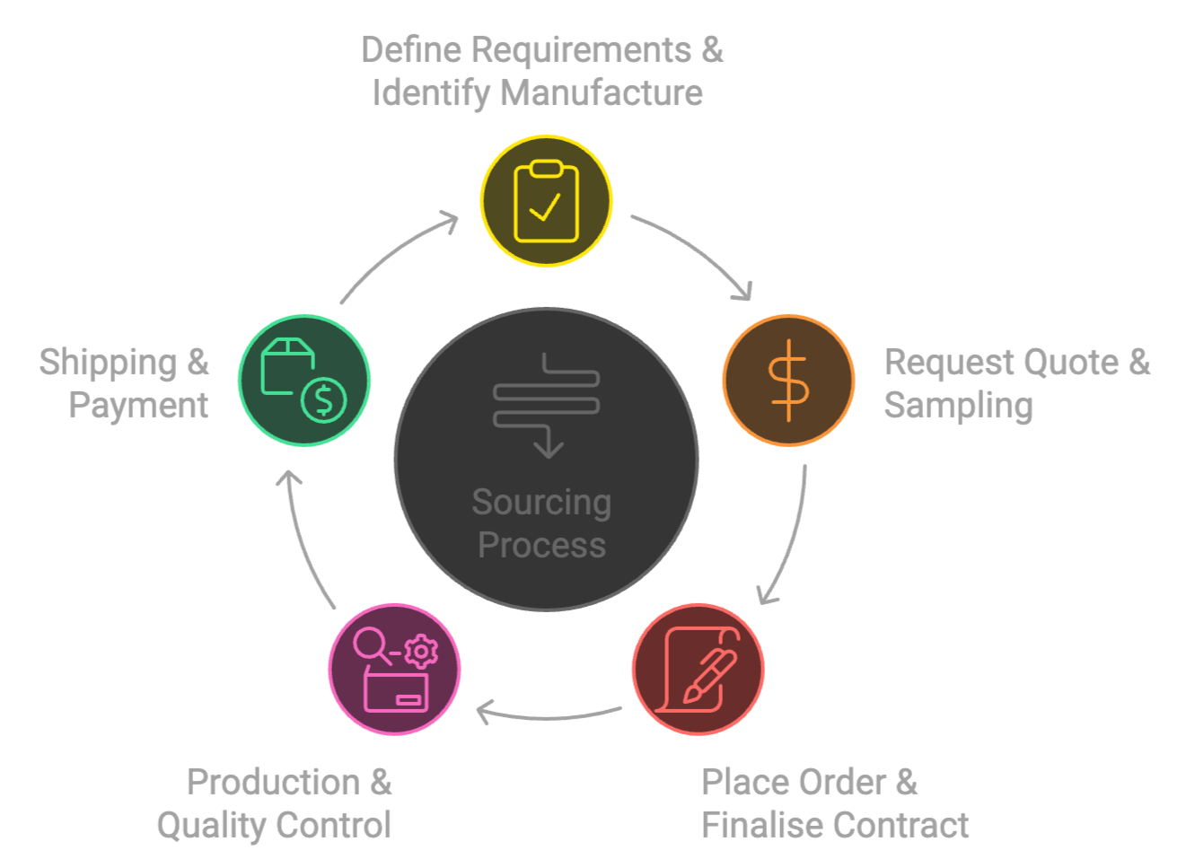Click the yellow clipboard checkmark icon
pos(546,200)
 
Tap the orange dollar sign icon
pos(788,380)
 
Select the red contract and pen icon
pos(698,670)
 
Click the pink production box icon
pos(395,670)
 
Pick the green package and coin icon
pos(303,380)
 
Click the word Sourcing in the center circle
pos(541,503)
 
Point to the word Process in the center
pos(541,545)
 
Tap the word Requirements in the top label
pos(582,50)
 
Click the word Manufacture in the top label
pos(602,92)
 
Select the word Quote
pos(1071,362)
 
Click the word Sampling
pos(958,405)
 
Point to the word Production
pos(273,782)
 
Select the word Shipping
pos(108,362)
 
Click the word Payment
pos(138,405)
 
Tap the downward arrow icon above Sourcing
pos(547,404)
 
